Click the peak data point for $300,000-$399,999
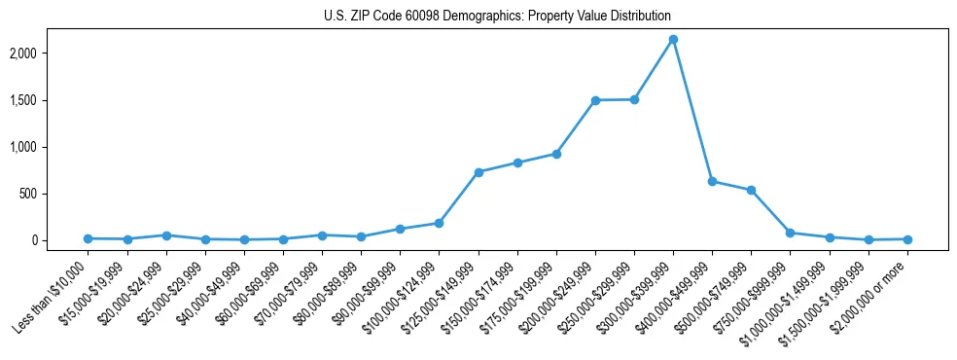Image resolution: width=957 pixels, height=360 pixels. pos(673,39)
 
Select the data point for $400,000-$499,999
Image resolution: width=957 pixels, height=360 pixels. pos(712,181)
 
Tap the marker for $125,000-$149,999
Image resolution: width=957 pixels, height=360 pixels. pos(478,172)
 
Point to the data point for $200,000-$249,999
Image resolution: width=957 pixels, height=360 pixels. pos(595,100)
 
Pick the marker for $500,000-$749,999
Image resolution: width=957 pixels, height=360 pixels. pos(751,190)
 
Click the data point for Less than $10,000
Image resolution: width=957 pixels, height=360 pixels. pos(89,238)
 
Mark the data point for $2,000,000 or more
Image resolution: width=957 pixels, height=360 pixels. pos(907,239)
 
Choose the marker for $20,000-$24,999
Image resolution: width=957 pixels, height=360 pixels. pos(166,235)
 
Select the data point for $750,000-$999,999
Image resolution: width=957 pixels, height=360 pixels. pos(790,233)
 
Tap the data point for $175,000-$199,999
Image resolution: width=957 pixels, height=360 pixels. pos(556,154)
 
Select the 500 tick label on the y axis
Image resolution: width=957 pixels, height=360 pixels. pos(56,194)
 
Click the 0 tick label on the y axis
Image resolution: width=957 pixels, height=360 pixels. pos(61,240)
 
